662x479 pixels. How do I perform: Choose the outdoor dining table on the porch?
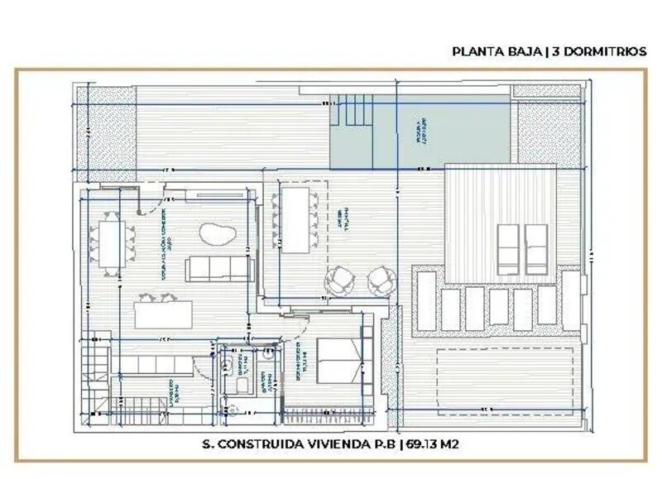pos(295,219)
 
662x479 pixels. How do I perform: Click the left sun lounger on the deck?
pos(508,249)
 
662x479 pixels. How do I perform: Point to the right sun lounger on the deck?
pos(537,249)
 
